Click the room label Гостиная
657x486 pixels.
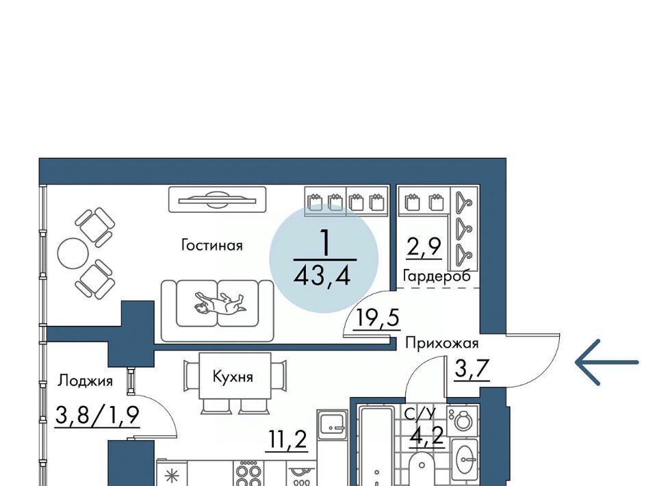tap(211, 244)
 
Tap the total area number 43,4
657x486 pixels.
tap(322, 276)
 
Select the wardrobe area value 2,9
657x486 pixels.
tap(423, 247)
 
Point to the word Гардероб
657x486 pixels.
tap(436, 276)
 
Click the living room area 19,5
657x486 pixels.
tap(376, 318)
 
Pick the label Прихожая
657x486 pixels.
tap(441, 344)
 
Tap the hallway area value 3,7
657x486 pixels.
tap(472, 369)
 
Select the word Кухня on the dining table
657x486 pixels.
tap(233, 376)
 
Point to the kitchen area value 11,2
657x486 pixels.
tap(287, 440)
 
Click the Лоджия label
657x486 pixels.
tap(85, 381)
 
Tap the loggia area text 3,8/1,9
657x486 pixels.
tap(97, 415)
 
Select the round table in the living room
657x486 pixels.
tap(73, 253)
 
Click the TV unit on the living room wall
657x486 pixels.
tap(218, 199)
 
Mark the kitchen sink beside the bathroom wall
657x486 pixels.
tap(333, 424)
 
